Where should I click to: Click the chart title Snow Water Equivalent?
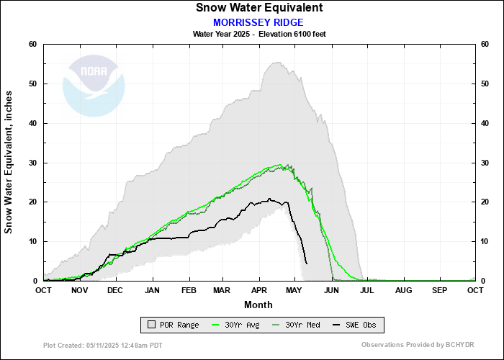pyautogui.click(x=258, y=8)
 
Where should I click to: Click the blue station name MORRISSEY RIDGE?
pyautogui.click(x=258, y=22)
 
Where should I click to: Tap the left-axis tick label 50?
pyautogui.click(x=32, y=84)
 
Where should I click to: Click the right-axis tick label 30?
pyautogui.click(x=486, y=163)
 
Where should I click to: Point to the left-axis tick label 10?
pyautogui.click(x=32, y=241)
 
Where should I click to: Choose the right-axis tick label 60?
pyautogui.click(x=486, y=45)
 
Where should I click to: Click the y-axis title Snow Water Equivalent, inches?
pyautogui.click(x=9, y=162)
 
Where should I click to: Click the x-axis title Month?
pyautogui.click(x=258, y=305)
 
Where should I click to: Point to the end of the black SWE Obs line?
pyautogui.click(x=307, y=264)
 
